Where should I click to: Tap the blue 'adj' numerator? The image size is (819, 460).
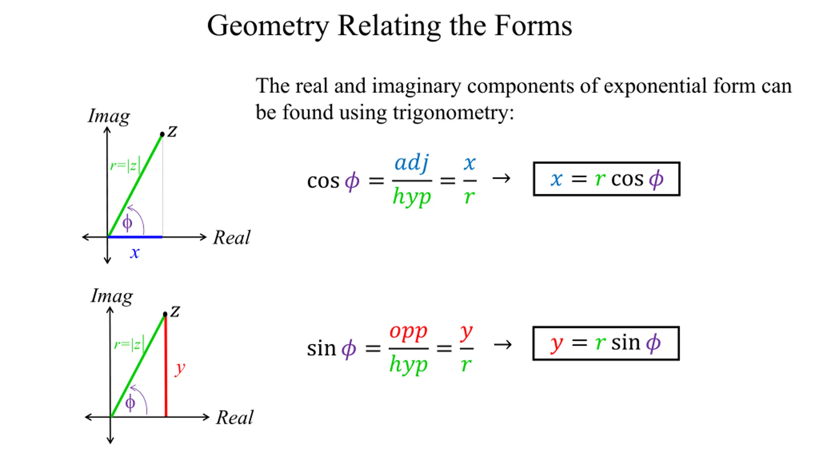coord(411,163)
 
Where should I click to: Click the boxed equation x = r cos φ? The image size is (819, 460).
coord(607,179)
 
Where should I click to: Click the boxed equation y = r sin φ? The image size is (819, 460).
coord(606,343)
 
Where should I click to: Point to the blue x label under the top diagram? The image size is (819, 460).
coord(135,253)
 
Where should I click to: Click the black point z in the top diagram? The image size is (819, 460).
coord(162,134)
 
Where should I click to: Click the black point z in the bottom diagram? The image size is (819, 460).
coord(165,314)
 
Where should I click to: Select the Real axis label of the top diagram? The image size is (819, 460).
coord(232,238)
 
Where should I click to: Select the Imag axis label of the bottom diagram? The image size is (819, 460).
coord(112,296)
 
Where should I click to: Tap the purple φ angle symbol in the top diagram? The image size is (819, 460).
coord(127,223)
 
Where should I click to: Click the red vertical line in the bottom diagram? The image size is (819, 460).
coord(166,367)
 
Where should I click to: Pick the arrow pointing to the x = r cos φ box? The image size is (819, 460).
coord(501,178)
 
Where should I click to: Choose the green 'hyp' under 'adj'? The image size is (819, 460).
coord(412,196)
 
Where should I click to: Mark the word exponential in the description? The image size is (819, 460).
coord(655,86)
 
